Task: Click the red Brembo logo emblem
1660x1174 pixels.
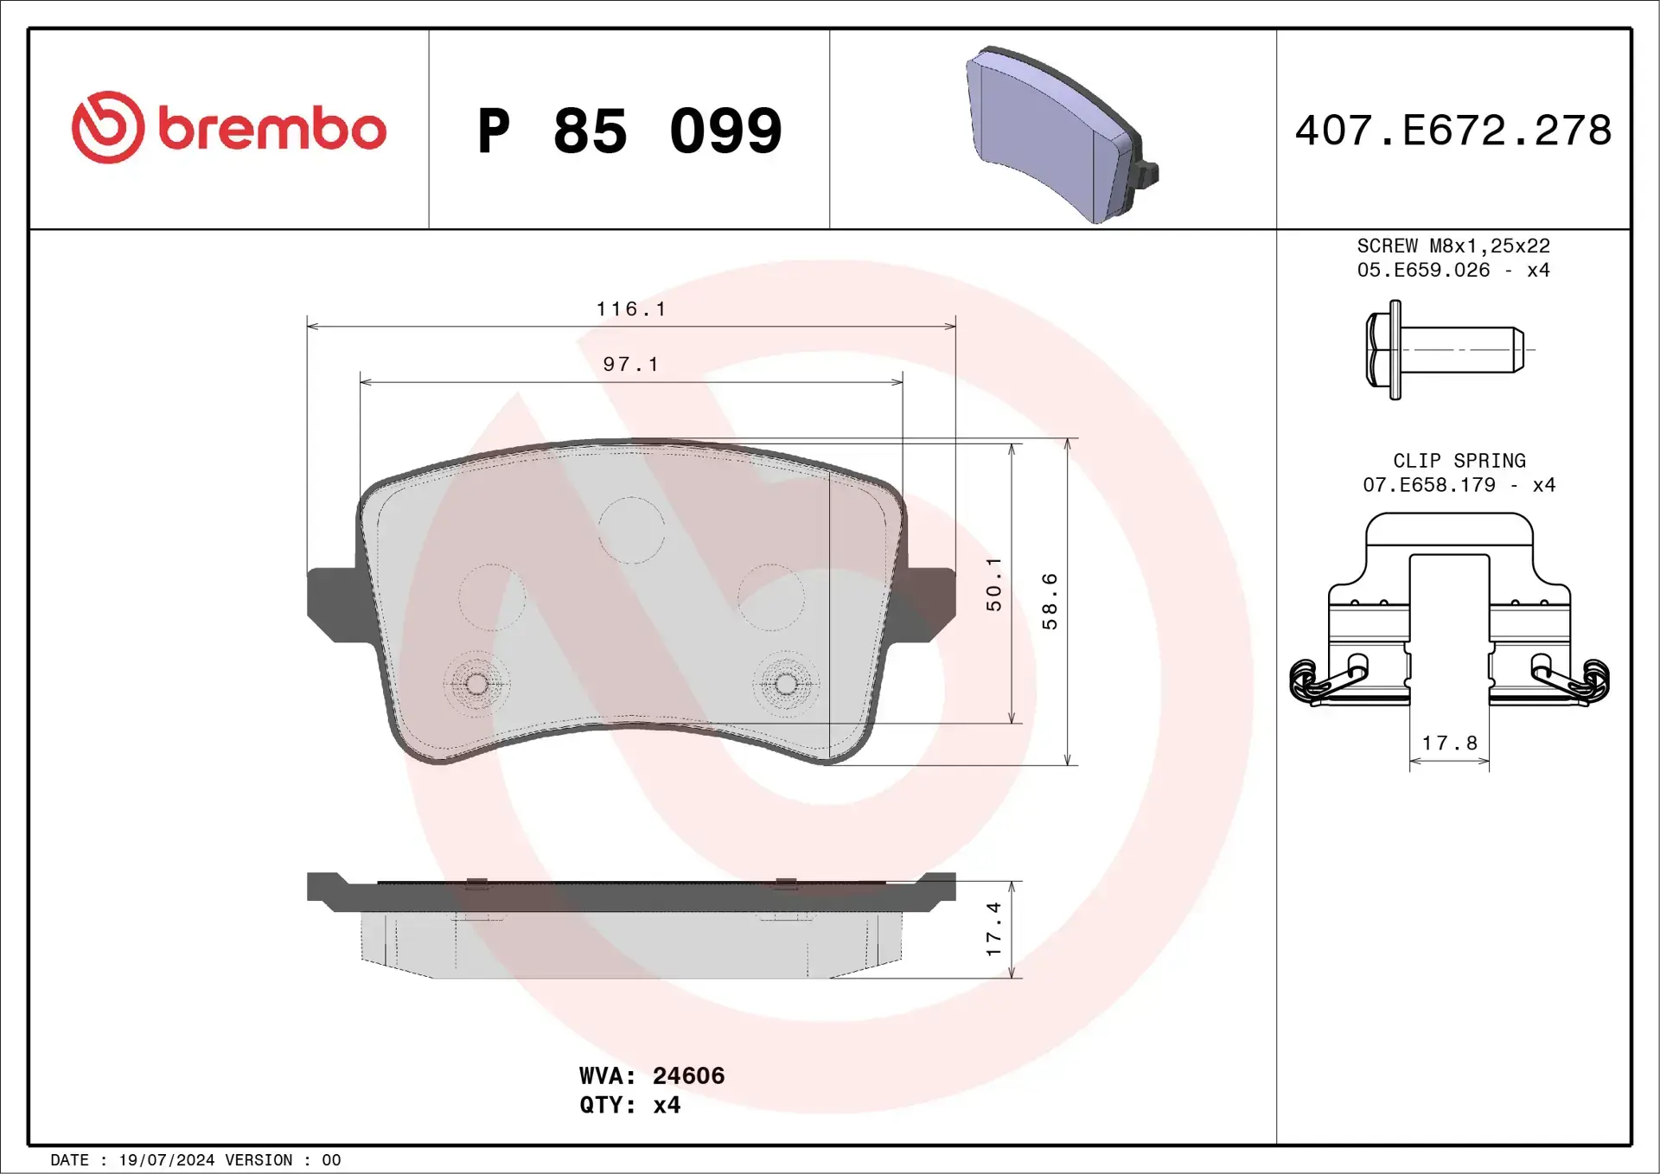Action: pyautogui.click(x=108, y=128)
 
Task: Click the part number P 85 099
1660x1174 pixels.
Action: pyautogui.click(x=629, y=131)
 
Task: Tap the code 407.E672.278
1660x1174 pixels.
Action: pyautogui.click(x=1452, y=131)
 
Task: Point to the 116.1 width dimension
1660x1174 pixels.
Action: pyautogui.click(x=631, y=309)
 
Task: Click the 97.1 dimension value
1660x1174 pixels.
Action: pyautogui.click(x=631, y=365)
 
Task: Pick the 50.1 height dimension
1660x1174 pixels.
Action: pyautogui.click(x=994, y=584)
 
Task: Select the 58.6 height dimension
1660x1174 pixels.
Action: pyautogui.click(x=1050, y=601)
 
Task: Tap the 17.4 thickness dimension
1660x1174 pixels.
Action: pyautogui.click(x=994, y=929)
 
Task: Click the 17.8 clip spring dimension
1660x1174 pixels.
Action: pyautogui.click(x=1450, y=743)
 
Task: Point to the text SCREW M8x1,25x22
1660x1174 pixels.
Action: pyautogui.click(x=1453, y=246)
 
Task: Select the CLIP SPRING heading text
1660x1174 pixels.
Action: pyautogui.click(x=1459, y=461)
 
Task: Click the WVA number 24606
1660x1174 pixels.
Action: pyautogui.click(x=688, y=1075)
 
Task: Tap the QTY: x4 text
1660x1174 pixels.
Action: pyautogui.click(x=629, y=1105)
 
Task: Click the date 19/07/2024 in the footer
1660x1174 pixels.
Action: pyautogui.click(x=166, y=1160)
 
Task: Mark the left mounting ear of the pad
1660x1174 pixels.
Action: pyautogui.click(x=333, y=603)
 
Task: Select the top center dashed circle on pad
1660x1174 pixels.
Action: pyautogui.click(x=631, y=530)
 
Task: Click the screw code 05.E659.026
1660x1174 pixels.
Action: pyautogui.click(x=1423, y=271)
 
